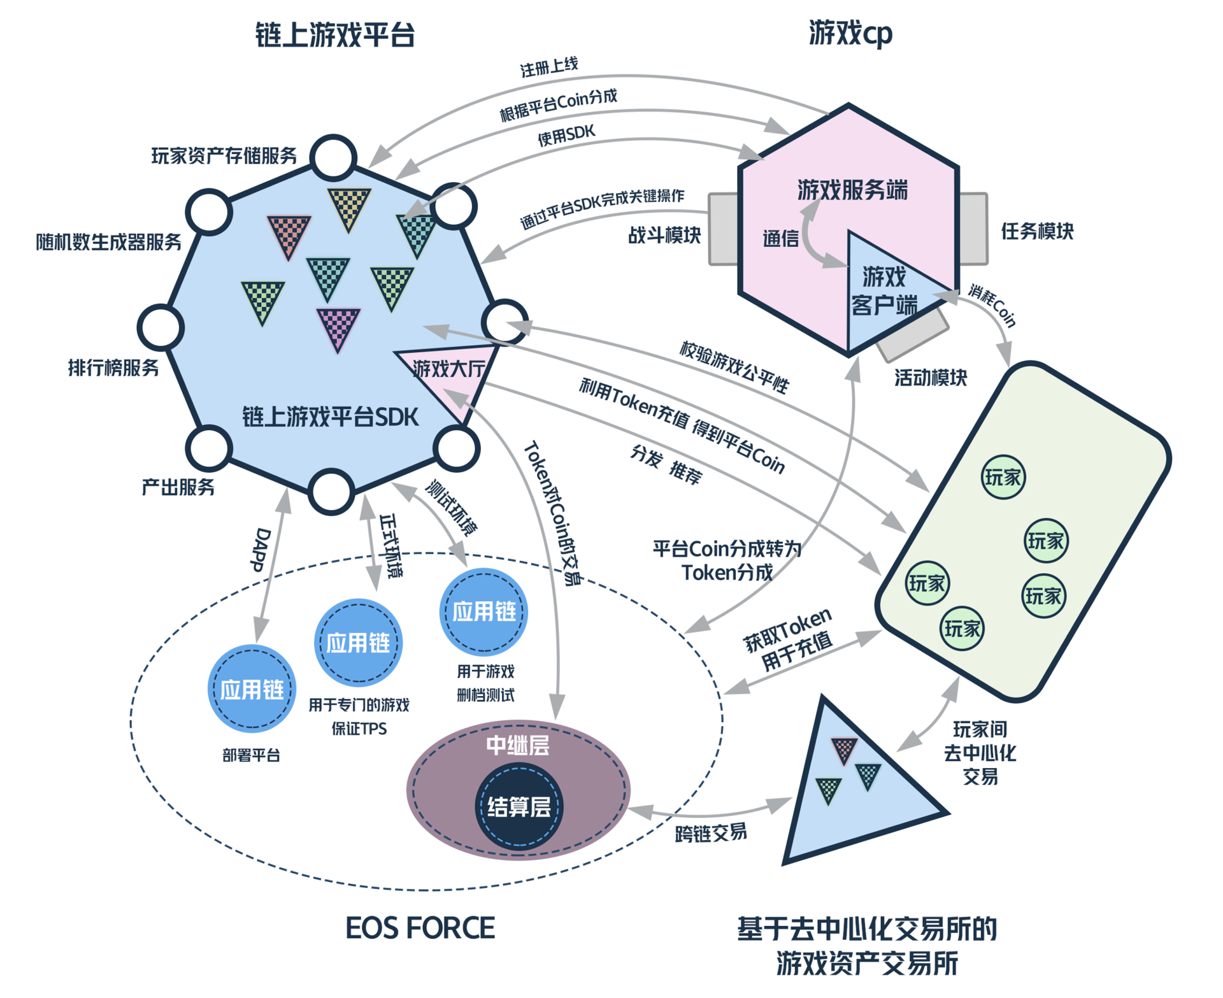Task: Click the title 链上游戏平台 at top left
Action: (334, 34)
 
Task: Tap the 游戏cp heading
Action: (850, 33)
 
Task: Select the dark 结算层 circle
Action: (519, 807)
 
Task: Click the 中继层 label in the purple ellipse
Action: (517, 745)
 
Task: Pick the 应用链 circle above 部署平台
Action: (252, 689)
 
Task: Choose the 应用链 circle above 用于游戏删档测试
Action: (483, 611)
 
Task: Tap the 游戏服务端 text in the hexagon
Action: (852, 190)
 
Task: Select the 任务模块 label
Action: (1036, 231)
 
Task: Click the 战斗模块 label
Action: (664, 235)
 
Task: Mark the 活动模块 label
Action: (930, 378)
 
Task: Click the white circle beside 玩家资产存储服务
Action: (333, 157)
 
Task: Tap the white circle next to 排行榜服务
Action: (161, 327)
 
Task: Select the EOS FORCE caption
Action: (420, 928)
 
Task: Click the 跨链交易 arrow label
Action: (710, 832)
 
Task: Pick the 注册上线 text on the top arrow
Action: (548, 67)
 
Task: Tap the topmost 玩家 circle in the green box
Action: (1003, 477)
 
